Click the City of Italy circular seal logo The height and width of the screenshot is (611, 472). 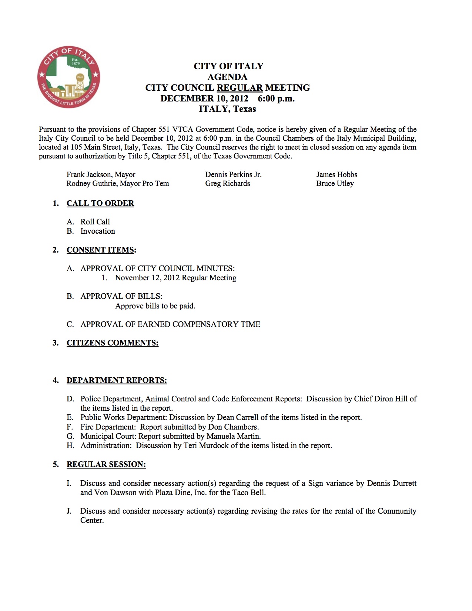(69, 77)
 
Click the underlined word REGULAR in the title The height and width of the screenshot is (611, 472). (240, 88)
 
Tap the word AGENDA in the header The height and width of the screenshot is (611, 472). (227, 77)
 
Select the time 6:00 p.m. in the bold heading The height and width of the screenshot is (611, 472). (276, 99)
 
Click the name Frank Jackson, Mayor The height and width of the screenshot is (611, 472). (101, 174)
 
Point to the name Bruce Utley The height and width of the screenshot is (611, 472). (335, 183)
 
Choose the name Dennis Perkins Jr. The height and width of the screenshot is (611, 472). (233, 174)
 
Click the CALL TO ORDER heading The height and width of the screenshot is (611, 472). (100, 203)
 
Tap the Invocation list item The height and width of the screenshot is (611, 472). (98, 231)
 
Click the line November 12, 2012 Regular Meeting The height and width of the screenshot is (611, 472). (175, 278)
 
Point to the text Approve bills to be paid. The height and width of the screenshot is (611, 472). (155, 306)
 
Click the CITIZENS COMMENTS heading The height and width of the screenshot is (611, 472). (112, 343)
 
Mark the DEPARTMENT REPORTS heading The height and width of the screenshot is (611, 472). (117, 380)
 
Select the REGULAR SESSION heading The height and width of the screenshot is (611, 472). (106, 464)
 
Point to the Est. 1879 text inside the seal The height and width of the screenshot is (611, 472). (76, 62)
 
